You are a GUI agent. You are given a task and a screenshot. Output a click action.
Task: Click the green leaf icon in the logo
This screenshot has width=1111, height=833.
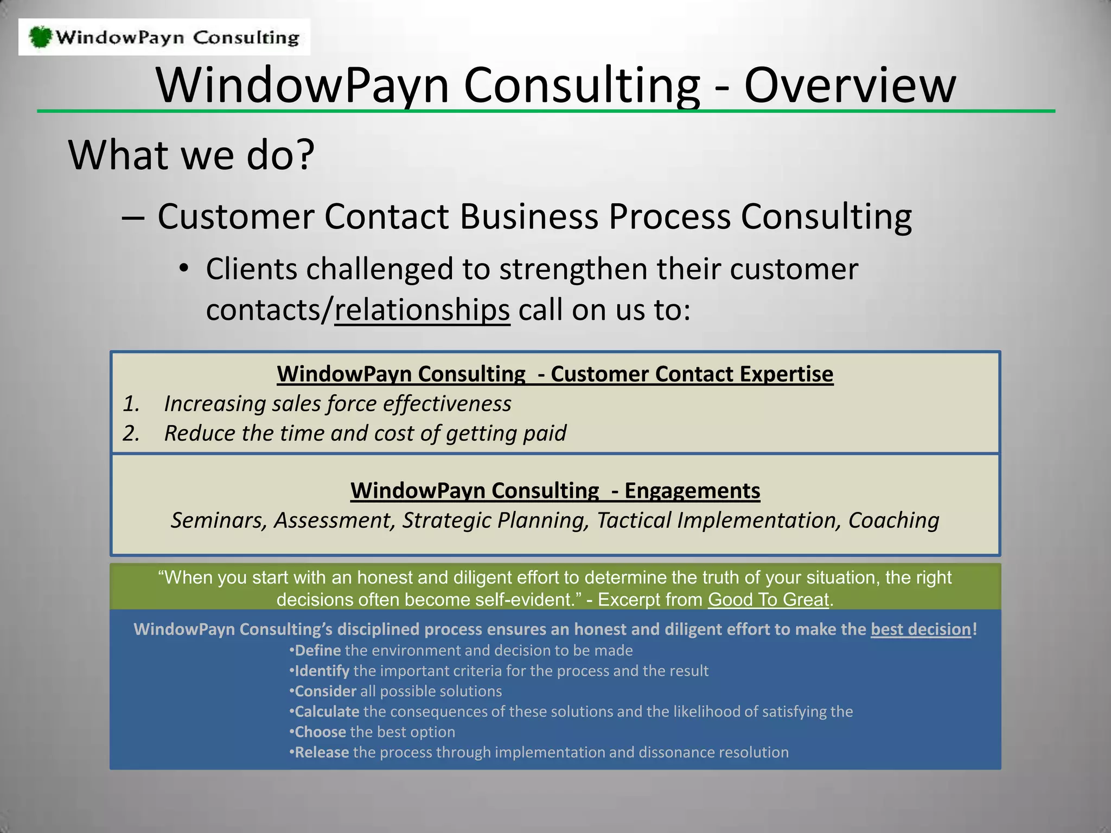tap(40, 37)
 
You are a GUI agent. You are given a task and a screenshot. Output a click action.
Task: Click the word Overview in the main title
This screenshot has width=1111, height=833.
tap(850, 85)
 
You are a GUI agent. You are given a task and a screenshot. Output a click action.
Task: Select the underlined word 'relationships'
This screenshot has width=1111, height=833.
tap(422, 310)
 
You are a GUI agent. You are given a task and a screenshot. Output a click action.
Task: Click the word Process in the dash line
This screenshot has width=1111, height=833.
tap(669, 217)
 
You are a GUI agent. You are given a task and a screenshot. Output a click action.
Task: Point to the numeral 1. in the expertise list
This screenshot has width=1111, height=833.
tap(131, 404)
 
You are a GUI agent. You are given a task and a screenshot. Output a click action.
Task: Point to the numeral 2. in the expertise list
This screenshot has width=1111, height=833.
tap(131, 433)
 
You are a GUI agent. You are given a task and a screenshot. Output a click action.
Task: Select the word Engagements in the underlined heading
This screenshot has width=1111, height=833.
tap(692, 491)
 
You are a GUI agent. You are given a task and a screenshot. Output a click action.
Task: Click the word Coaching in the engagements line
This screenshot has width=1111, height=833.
tap(893, 521)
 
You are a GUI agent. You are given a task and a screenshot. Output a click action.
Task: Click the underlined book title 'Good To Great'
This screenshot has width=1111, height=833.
tap(768, 600)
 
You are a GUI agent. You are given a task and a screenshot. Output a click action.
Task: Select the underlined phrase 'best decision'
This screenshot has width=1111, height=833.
tap(920, 629)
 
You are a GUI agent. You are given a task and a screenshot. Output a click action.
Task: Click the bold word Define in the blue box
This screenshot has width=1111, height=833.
tap(317, 650)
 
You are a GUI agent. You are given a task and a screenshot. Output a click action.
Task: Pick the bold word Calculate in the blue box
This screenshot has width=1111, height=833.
tap(327, 712)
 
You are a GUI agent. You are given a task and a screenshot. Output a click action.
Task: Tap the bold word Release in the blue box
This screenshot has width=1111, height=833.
tap(322, 753)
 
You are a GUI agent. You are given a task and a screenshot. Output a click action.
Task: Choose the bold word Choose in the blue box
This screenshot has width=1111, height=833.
tap(320, 732)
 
